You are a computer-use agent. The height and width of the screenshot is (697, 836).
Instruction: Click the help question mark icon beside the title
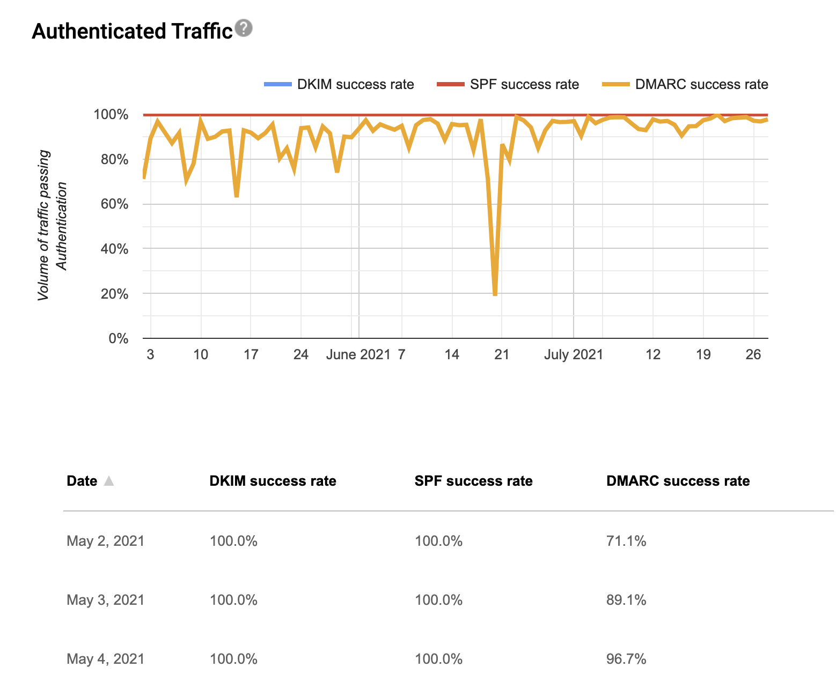click(x=244, y=28)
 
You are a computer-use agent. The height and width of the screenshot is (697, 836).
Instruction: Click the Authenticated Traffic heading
click(x=132, y=31)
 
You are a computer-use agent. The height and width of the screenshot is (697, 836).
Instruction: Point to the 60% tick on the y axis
click(x=111, y=204)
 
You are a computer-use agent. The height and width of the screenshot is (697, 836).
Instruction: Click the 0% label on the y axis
click(x=118, y=338)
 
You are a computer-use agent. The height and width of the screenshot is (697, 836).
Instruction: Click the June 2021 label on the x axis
click(x=358, y=354)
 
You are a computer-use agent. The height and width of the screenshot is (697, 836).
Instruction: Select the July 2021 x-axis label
click(x=573, y=354)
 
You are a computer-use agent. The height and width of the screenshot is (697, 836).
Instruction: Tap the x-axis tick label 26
click(x=753, y=354)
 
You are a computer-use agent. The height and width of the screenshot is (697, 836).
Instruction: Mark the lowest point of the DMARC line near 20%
click(x=495, y=294)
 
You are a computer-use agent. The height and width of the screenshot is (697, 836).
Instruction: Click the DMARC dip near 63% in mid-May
click(x=237, y=196)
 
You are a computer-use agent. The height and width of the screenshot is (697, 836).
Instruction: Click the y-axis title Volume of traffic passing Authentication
click(x=52, y=225)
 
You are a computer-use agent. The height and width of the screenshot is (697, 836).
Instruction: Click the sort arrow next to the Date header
click(x=109, y=481)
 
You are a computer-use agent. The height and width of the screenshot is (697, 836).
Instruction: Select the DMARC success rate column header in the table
click(x=678, y=481)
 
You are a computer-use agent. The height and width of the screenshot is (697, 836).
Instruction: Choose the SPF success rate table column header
click(x=473, y=481)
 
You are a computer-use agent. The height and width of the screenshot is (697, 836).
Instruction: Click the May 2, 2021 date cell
click(x=106, y=540)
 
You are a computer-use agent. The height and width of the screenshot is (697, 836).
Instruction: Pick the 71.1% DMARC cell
click(x=626, y=540)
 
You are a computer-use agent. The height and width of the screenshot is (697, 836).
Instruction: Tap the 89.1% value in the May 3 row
click(x=626, y=599)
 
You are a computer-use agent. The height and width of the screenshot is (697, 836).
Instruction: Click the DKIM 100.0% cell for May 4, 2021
click(x=233, y=658)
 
